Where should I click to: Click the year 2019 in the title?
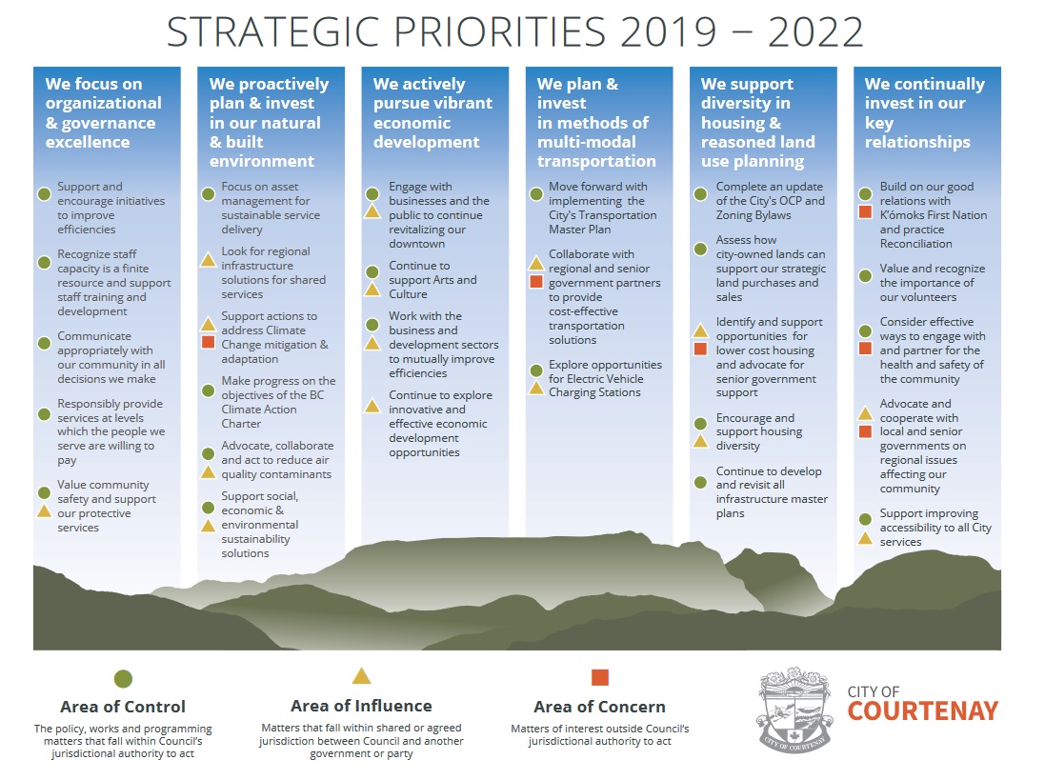pos(669,32)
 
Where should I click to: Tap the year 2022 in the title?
pos(815,32)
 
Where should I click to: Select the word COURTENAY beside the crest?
pos(923,711)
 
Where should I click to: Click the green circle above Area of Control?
pos(123,679)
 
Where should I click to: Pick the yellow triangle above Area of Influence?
pos(361,676)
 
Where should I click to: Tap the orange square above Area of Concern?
pos(600,677)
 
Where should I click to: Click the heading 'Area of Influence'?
pos(361,706)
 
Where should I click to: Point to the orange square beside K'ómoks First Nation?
pos(865,211)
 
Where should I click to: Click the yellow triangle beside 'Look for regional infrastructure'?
pos(208,259)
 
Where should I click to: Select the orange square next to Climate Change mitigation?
pos(208,342)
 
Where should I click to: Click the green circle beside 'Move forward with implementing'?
pos(535,194)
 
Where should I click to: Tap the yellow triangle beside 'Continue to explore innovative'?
pos(372,405)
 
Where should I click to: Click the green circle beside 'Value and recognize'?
pos(865,276)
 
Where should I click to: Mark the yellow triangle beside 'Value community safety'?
pos(44,510)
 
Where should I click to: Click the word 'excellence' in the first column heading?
pos(88,142)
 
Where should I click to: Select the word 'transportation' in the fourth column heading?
pos(596,161)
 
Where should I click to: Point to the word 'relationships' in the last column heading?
pos(917,142)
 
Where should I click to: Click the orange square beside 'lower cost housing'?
pos(700,349)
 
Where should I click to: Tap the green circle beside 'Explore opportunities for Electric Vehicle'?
pos(535,370)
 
